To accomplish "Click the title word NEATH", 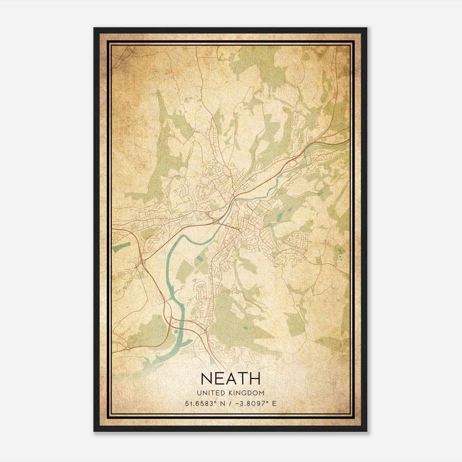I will click(x=230, y=379).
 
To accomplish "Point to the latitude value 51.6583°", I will click(x=201, y=403).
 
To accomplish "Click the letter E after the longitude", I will click(x=274, y=403).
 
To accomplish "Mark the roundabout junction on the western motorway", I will click(x=142, y=262).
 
